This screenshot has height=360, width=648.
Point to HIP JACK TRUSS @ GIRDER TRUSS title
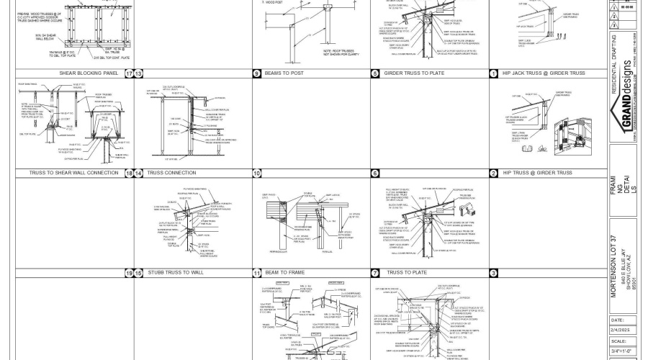pyautogui.click(x=544, y=73)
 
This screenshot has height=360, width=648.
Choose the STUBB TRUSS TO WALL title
pyautogui.click(x=177, y=273)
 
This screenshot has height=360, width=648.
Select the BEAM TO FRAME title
pyautogui.click(x=282, y=273)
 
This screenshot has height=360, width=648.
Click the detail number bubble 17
pyautogui.click(x=130, y=73)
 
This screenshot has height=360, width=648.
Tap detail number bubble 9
pyautogui.click(x=257, y=73)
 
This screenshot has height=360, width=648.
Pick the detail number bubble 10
pyautogui.click(x=257, y=174)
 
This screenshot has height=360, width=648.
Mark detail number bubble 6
pyautogui.click(x=375, y=174)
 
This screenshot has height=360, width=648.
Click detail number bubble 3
pyautogui.click(x=494, y=273)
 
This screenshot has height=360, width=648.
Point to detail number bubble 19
pyautogui.click(x=130, y=273)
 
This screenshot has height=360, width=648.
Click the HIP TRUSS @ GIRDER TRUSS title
pyautogui.click(x=537, y=174)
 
